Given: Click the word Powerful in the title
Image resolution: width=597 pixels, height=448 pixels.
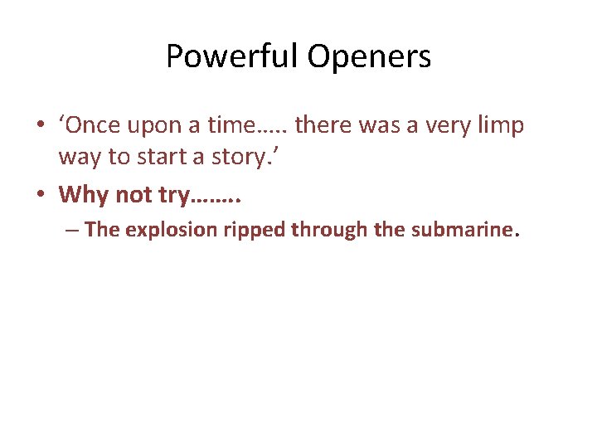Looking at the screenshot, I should pos(231,57).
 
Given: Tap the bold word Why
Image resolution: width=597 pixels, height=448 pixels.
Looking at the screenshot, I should pos(82,195).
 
